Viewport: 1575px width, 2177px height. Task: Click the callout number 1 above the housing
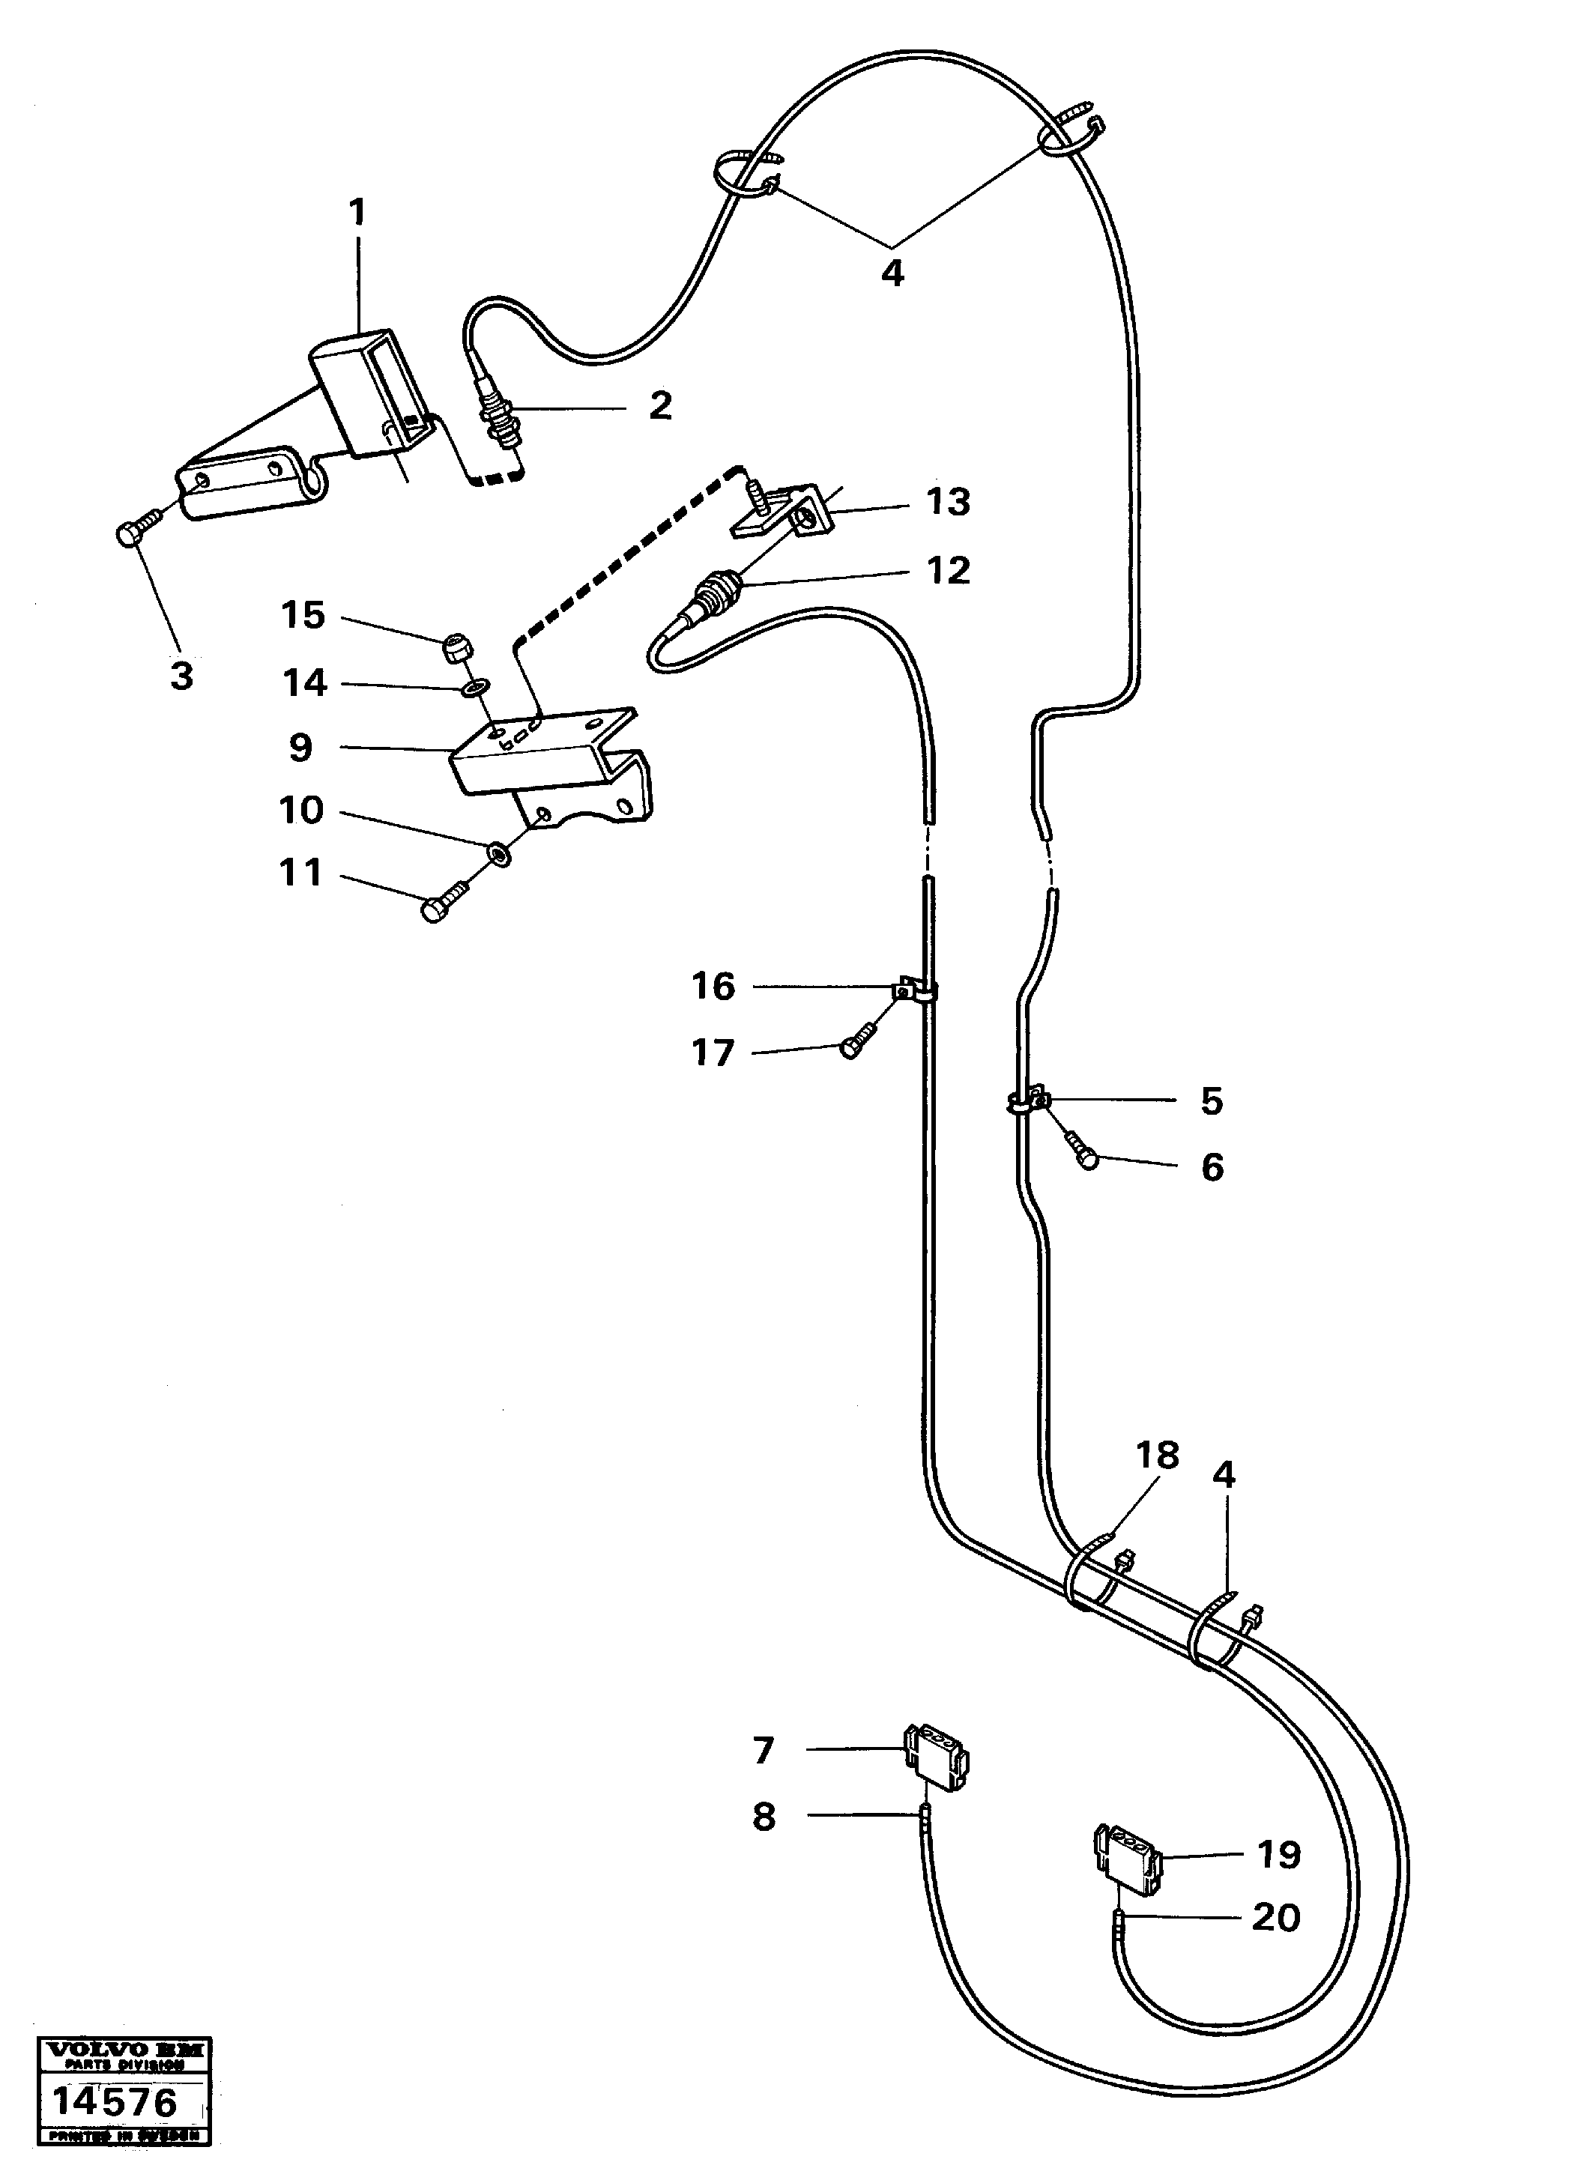point(357,213)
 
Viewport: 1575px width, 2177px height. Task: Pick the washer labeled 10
point(498,853)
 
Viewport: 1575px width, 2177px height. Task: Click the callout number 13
point(949,502)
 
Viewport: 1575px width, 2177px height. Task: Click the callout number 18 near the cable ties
point(1157,1455)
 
